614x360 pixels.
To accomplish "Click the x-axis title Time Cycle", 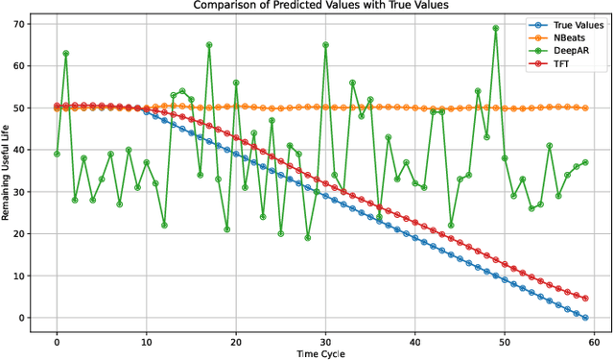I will point(320,352).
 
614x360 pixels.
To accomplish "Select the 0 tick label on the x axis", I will point(57,338).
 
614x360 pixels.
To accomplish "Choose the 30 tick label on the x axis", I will point(325,338).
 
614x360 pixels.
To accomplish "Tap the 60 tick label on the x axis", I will point(594,338).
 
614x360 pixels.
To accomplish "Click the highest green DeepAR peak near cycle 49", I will point(496,28).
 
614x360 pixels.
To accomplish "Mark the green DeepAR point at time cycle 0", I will point(57,154).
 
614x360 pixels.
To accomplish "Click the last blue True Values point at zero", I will point(585,318).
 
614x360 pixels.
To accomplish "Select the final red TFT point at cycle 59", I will point(585,299).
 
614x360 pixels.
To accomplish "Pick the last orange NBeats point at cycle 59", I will point(585,108).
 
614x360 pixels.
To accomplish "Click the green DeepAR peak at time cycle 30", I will point(325,44).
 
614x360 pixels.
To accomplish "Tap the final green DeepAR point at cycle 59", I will point(585,162).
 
